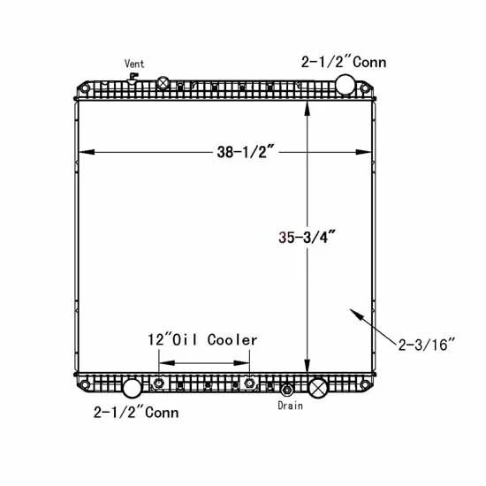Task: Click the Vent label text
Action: (134, 64)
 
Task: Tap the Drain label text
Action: (290, 406)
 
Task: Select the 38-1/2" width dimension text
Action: (246, 152)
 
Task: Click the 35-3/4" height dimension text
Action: (307, 238)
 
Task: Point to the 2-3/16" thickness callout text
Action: (426, 345)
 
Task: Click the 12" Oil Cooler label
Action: (202, 339)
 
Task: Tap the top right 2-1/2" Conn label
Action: (344, 62)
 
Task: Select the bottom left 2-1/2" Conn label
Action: (136, 413)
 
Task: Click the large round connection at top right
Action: (346, 84)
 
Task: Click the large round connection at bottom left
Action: (133, 388)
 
